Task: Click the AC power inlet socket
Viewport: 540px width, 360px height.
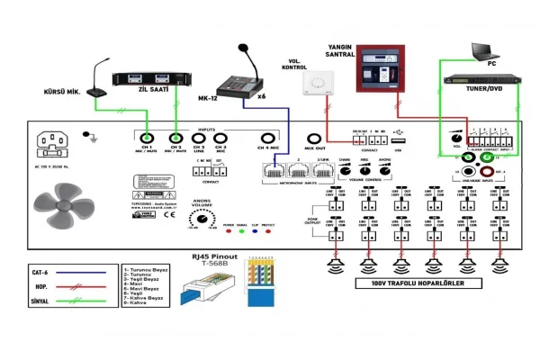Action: point(55,146)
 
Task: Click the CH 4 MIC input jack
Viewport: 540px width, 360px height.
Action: point(265,138)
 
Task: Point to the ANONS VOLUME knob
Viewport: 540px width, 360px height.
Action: point(203,218)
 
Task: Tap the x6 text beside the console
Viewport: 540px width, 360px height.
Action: point(262,95)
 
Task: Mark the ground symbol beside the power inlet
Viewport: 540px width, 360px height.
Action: point(87,138)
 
